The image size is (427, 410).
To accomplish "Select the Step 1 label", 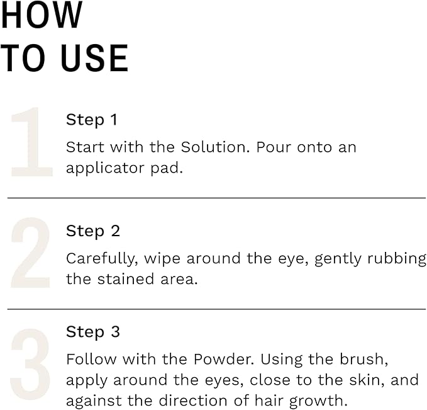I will (x=92, y=120).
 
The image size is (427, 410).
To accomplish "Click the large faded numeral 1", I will (x=31, y=142).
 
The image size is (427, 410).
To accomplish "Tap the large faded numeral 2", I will (x=30, y=253).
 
